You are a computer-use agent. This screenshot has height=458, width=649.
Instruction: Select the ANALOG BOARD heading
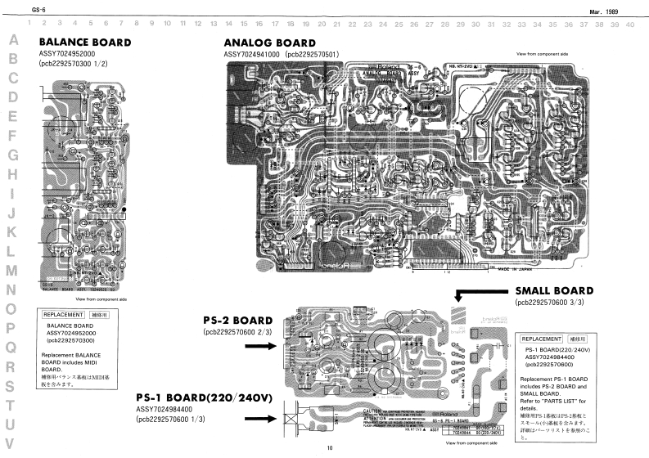pos(269,43)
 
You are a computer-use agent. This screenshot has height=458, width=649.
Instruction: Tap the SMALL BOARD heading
pos(553,290)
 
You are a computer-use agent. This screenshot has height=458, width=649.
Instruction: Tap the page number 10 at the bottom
pos(329,448)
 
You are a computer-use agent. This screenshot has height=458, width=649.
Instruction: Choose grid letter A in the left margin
pos(12,40)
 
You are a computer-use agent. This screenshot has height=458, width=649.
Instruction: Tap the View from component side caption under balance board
pos(101,299)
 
